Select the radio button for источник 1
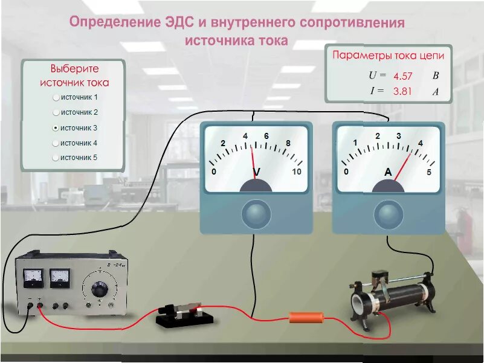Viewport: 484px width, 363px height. click(x=56, y=97)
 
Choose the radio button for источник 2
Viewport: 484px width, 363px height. click(x=56, y=112)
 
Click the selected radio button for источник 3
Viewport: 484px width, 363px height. click(x=56, y=128)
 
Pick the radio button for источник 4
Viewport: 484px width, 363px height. click(x=56, y=143)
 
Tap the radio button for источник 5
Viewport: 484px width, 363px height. click(x=56, y=158)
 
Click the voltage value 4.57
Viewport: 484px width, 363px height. click(x=402, y=77)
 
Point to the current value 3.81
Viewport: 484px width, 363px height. click(x=402, y=92)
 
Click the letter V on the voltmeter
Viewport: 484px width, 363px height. click(x=257, y=173)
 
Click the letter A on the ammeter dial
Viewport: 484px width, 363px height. click(x=389, y=172)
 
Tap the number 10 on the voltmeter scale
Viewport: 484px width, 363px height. click(x=296, y=172)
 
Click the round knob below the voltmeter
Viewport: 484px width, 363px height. click(x=256, y=214)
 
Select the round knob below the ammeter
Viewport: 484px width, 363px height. click(x=389, y=213)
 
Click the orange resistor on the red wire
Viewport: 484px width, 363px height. click(x=307, y=317)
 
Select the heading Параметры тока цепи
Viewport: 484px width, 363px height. click(x=389, y=56)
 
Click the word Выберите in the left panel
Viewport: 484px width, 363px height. click(x=74, y=69)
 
